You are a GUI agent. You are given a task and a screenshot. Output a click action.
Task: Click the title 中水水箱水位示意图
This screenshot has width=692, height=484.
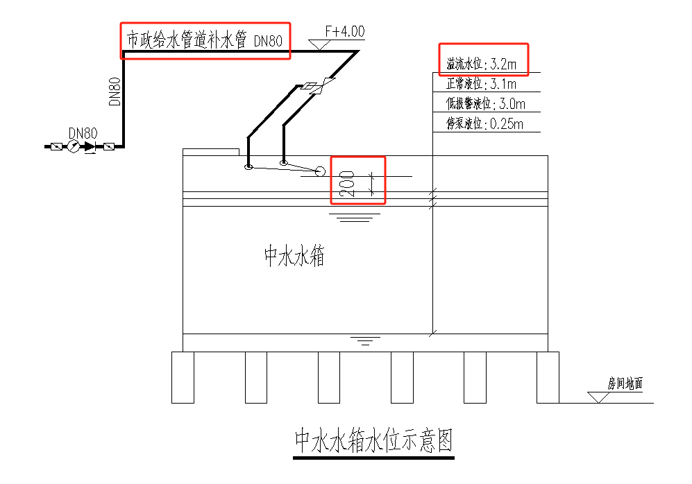tap(373, 441)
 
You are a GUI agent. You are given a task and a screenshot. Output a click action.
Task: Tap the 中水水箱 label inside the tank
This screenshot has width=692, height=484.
tap(294, 257)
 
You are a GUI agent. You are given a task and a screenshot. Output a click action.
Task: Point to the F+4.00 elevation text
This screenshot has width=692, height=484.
tap(345, 32)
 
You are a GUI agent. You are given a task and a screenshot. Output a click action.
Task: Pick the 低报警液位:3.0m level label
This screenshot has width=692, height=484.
tap(484, 104)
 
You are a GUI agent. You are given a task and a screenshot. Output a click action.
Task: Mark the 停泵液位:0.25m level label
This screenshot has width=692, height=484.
tap(484, 124)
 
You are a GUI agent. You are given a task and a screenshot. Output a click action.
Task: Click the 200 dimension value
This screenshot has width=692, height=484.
tap(349, 183)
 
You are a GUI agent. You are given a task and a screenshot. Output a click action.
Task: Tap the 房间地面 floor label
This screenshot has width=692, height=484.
tap(625, 383)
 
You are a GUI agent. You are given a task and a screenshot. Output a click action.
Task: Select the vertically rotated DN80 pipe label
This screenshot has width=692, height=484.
tap(115, 91)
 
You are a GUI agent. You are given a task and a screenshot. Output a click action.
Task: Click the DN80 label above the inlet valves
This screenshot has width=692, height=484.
tap(83, 132)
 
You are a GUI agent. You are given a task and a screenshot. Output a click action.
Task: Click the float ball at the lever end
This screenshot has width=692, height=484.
tap(320, 171)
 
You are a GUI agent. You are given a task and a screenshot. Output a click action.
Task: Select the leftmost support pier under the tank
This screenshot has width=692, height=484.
tap(183, 377)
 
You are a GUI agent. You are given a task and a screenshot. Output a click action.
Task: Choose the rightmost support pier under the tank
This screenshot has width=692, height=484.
tap(548, 377)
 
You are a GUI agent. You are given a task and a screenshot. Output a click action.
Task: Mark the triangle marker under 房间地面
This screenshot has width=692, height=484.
tap(596, 397)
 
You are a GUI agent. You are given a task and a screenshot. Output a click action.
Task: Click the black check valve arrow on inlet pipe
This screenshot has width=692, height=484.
tap(90, 146)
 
